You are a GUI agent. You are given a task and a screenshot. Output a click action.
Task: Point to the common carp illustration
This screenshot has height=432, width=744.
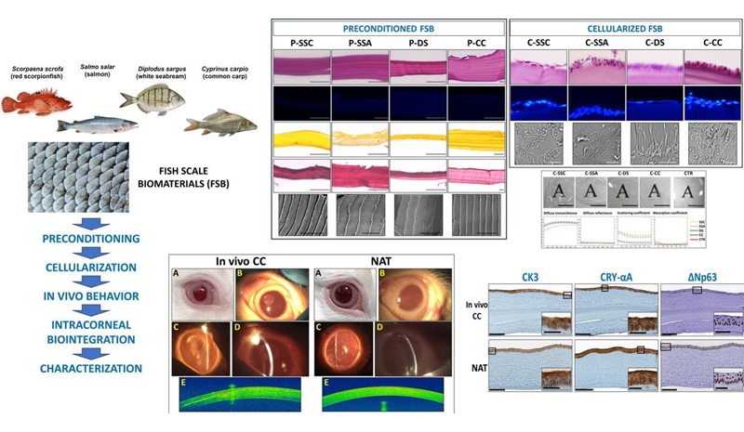[x=219, y=119]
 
